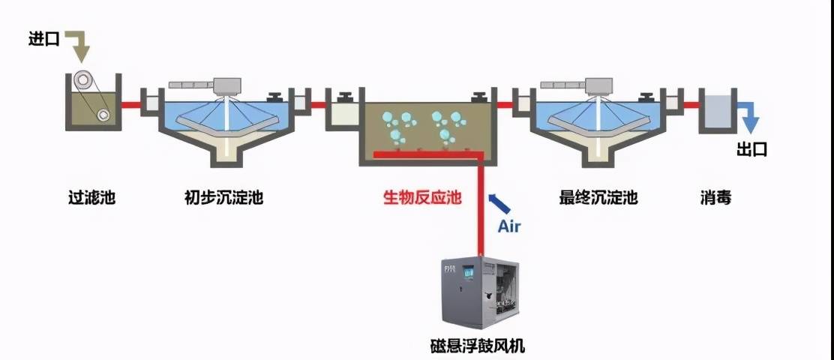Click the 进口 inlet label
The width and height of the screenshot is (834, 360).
click(x=43, y=39)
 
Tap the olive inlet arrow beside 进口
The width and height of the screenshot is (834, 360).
click(x=79, y=45)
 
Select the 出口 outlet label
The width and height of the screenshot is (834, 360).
click(x=751, y=149)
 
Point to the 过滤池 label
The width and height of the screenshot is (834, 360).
click(x=92, y=198)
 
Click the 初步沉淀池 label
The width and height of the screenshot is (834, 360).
click(x=223, y=198)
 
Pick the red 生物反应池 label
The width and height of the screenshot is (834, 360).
click(x=422, y=198)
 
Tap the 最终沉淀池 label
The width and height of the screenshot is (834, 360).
click(x=598, y=198)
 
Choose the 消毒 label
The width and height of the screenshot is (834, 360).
click(x=715, y=198)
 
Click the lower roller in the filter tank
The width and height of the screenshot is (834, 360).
click(x=103, y=113)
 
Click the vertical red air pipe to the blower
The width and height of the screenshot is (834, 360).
click(x=480, y=210)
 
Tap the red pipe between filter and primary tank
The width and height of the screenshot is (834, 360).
click(x=133, y=104)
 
